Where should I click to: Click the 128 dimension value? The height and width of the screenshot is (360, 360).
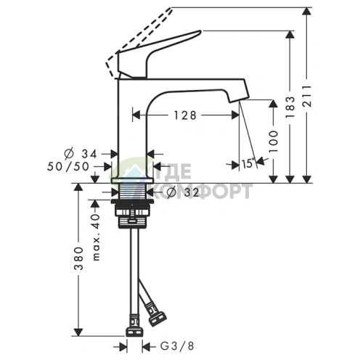185,115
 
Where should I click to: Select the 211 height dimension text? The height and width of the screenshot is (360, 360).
307,96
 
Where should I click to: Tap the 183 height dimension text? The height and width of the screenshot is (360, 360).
290,107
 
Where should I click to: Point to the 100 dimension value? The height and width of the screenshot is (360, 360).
274,142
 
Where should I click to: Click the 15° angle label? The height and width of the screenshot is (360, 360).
248,163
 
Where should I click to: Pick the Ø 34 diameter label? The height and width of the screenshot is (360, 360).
81,154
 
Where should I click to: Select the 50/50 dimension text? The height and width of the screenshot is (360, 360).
68,166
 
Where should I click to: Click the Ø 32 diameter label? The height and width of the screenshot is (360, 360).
183,192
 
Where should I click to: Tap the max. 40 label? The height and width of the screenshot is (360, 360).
97,237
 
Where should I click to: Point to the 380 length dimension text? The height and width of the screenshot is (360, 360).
78,258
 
